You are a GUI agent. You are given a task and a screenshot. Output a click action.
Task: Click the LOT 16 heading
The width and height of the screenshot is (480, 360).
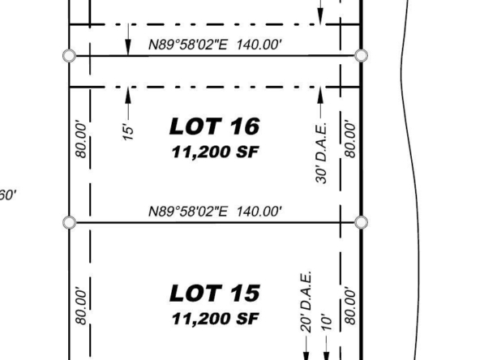click(x=215, y=126)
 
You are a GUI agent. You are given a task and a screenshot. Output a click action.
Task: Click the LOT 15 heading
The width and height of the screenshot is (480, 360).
click(x=215, y=293)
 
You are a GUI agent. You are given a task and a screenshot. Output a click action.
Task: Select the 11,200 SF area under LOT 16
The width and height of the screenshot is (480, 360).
click(x=215, y=152)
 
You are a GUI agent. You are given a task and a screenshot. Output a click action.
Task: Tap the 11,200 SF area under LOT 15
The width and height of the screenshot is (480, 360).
click(x=215, y=319)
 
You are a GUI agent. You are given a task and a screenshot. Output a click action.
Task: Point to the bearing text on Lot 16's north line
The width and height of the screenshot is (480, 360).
click(x=215, y=45)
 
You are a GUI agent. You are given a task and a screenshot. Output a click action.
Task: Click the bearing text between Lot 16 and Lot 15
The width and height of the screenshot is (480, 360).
click(x=215, y=212)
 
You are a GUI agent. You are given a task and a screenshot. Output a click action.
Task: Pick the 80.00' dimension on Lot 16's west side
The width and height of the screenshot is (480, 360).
click(x=81, y=140)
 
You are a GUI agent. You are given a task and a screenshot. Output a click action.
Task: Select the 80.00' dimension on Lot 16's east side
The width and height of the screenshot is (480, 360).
click(x=350, y=140)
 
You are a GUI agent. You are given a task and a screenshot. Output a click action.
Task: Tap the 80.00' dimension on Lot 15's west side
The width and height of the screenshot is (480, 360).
click(x=81, y=306)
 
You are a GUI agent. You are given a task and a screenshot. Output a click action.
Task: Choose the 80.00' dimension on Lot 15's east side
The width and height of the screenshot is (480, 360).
click(x=350, y=306)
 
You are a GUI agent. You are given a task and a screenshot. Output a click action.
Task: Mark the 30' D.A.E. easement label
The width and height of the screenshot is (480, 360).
click(x=321, y=153)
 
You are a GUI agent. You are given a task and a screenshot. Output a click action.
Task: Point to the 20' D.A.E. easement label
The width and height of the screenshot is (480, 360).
click(x=306, y=302)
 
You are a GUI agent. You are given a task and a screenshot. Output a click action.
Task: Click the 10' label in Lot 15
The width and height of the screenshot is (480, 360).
click(x=327, y=322)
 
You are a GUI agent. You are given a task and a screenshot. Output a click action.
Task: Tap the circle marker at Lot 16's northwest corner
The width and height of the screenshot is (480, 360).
click(x=70, y=56)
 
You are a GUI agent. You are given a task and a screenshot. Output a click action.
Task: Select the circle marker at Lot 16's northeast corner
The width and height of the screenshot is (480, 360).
click(x=362, y=56)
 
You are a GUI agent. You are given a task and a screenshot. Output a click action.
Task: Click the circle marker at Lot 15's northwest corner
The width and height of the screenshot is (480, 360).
click(x=70, y=222)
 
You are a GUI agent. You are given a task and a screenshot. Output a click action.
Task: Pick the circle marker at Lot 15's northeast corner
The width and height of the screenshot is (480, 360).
click(x=362, y=222)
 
